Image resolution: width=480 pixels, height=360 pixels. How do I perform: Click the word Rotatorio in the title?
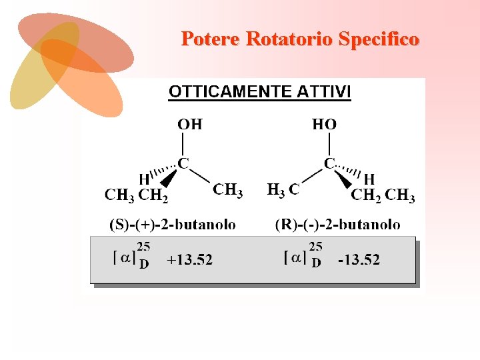(289, 39)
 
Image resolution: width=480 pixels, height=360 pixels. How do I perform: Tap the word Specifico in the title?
(379, 39)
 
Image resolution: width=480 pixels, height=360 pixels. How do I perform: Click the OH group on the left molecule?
(189, 124)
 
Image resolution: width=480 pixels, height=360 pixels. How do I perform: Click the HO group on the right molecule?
(324, 124)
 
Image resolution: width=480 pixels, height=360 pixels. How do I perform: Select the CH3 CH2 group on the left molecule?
(136, 196)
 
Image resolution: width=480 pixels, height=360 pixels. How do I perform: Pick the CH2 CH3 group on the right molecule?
(383, 196)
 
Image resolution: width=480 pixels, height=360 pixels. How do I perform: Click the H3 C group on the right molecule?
(283, 190)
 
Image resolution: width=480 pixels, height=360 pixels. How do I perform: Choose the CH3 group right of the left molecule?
(227, 190)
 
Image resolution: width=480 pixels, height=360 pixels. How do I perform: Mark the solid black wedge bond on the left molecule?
(169, 178)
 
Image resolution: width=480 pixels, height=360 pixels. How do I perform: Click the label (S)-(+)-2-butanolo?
(172, 224)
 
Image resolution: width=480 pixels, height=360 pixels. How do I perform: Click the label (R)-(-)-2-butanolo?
(337, 224)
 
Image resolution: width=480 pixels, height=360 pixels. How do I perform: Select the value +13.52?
(189, 260)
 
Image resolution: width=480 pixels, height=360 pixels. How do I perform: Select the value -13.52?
(358, 260)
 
